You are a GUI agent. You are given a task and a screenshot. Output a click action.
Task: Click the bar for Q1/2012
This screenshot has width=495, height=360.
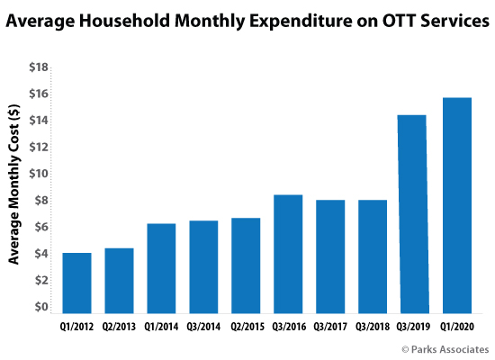coord(77,283)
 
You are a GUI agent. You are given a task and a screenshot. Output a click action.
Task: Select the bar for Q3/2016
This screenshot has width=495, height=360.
coord(288,254)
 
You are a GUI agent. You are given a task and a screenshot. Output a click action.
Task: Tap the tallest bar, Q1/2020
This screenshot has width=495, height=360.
coord(457,205)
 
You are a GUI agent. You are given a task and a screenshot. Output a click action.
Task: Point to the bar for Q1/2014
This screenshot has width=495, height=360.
coord(161,268)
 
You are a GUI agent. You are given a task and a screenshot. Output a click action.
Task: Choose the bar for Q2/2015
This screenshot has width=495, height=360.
coord(246,265)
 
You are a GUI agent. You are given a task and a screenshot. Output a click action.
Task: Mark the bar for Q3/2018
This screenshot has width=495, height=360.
coord(373,256)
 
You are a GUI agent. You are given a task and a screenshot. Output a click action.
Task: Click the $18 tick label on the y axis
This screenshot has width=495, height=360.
coord(39,67)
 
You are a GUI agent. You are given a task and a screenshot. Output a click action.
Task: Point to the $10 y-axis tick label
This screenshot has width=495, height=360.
coord(39,174)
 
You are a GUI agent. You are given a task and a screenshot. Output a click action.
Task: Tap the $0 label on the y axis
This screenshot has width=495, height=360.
coord(41,307)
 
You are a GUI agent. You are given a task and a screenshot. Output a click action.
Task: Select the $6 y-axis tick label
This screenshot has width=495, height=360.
coord(41,227)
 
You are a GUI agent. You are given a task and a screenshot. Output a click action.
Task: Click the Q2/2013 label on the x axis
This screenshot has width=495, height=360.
coord(119,327)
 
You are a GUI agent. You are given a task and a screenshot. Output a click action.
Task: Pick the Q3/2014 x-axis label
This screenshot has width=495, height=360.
coord(203,327)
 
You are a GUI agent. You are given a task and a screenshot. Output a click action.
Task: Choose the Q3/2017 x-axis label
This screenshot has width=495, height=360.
coord(330,327)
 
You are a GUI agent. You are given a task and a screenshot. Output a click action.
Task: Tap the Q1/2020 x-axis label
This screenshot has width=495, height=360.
coord(457,327)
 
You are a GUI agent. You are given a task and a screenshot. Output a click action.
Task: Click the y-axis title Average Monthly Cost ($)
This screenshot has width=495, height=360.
coord(13,184)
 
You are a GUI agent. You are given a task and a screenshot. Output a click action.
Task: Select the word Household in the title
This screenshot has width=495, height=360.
coord(124,21)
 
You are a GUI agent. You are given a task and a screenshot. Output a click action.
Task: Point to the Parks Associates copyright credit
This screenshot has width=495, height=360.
coord(445,349)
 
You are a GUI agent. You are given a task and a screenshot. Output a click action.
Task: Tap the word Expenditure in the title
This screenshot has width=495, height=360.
coord(301,22)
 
